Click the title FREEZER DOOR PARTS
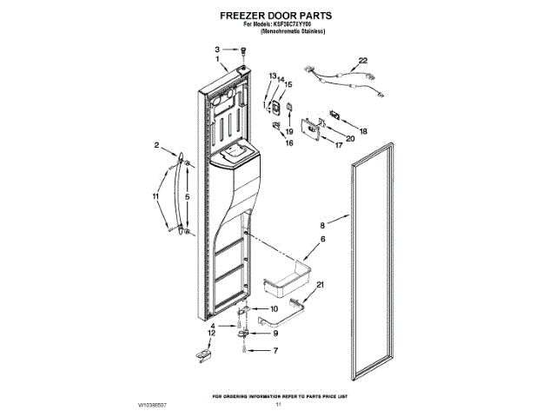(x=277, y=16)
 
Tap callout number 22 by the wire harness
(x=363, y=60)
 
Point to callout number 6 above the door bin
(x=322, y=239)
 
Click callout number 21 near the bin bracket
(x=321, y=285)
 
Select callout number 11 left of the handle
(x=156, y=198)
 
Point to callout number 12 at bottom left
(x=211, y=333)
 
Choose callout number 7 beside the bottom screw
(x=275, y=351)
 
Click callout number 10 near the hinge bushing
(x=275, y=308)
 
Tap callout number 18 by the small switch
(x=363, y=131)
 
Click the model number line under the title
(x=277, y=24)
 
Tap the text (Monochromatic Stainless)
(x=277, y=31)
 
